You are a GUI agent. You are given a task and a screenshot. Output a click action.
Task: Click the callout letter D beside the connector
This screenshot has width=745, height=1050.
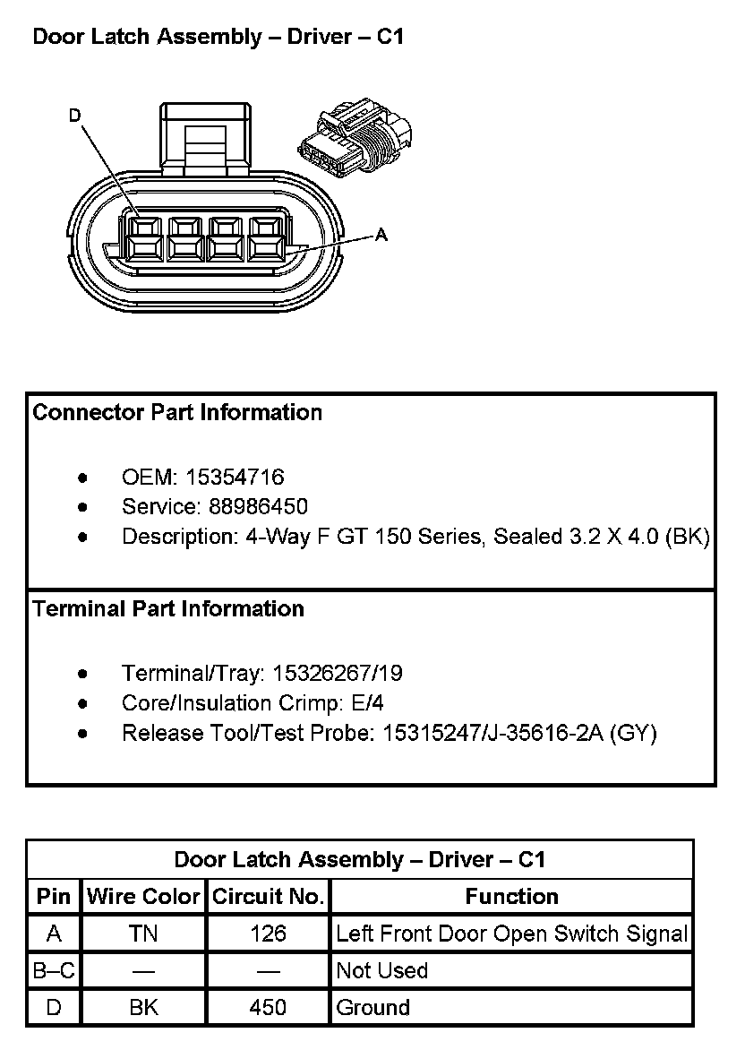click(x=75, y=116)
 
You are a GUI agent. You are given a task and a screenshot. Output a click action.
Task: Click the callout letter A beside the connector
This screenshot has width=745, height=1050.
click(x=381, y=235)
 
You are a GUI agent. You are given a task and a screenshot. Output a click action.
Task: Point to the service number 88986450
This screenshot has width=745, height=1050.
click(x=258, y=507)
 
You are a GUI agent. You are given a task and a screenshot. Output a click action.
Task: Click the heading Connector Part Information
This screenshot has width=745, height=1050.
click(x=177, y=413)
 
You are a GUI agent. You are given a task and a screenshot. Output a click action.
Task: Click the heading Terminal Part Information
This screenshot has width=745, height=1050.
click(x=168, y=609)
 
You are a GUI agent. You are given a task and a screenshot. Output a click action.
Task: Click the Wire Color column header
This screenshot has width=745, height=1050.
click(x=143, y=897)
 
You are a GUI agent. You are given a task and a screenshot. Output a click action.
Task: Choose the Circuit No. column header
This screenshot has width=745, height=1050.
click(x=268, y=897)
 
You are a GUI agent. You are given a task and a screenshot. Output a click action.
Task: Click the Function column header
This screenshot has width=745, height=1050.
click(x=511, y=897)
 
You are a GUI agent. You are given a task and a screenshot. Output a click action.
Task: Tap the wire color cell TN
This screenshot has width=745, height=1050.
click(x=143, y=934)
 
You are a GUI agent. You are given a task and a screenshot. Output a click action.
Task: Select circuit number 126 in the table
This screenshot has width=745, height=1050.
click(x=268, y=934)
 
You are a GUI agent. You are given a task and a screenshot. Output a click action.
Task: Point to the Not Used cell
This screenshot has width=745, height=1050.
click(x=382, y=971)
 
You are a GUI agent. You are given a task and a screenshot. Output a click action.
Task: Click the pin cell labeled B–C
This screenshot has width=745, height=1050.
click(x=54, y=971)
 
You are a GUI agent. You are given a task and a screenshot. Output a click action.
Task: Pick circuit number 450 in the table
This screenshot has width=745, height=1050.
click(x=268, y=1008)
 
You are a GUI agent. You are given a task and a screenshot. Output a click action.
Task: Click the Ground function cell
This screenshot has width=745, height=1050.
click(x=372, y=1008)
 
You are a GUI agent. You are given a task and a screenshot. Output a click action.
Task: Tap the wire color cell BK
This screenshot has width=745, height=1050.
click(x=143, y=1008)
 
